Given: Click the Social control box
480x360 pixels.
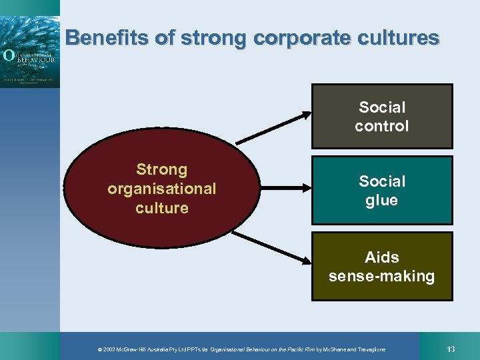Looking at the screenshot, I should coord(382,116).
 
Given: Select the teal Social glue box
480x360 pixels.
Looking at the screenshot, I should coord(382,190).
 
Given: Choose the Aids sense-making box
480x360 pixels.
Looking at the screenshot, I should coord(382,266).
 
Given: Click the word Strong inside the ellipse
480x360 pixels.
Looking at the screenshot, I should coord(161,169).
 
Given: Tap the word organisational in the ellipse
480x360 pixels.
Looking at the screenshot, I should coord(161,189).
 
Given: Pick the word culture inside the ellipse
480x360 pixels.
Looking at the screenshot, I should coord(161,208).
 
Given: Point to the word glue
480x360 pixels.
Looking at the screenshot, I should coord(381,201).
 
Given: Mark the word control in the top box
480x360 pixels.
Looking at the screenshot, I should coord(381,126).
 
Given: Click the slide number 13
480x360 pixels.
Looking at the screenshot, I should coord(451,349).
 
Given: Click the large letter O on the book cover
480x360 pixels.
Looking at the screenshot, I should coord(9,55).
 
